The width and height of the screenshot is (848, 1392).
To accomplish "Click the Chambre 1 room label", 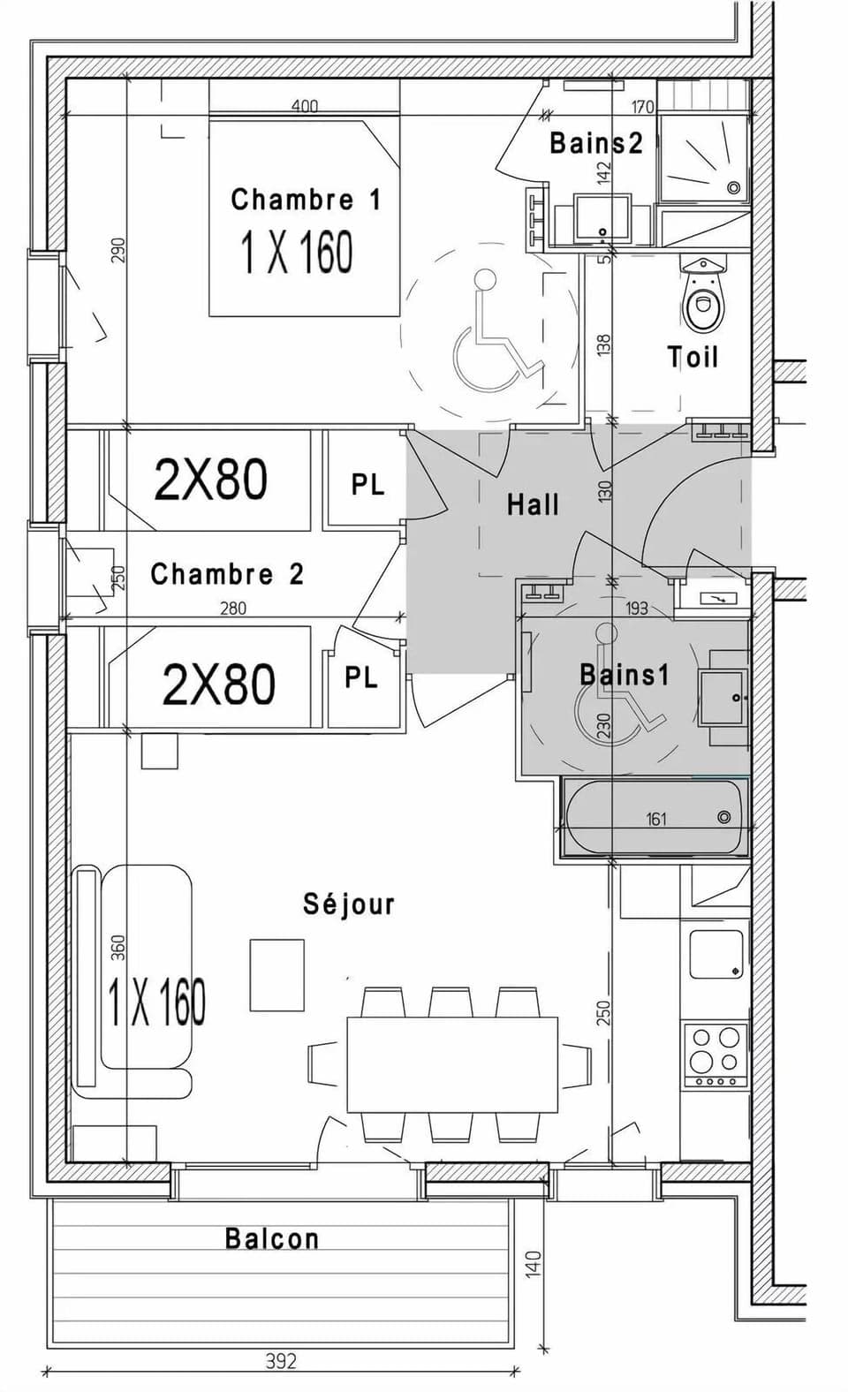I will [306, 200].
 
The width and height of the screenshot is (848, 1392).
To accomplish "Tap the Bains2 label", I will [595, 143].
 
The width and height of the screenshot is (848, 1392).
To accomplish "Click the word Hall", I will [533, 505].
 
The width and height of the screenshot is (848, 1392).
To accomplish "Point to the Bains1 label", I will [625, 676].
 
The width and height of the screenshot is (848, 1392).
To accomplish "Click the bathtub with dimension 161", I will [655, 817].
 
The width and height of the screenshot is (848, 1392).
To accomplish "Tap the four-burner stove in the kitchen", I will [715, 1053].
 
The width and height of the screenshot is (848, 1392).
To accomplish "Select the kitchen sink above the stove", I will [715, 954].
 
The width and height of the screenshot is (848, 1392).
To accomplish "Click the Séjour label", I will [348, 904].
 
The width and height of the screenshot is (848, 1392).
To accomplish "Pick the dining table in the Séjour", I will [452, 1064].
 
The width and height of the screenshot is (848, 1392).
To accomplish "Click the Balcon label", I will [271, 1238].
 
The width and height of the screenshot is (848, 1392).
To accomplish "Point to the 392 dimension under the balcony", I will [281, 1361].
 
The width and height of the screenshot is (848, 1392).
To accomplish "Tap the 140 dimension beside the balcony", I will [534, 1263].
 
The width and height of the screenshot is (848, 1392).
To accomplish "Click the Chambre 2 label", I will [227, 574].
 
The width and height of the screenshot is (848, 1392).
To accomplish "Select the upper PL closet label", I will [367, 484].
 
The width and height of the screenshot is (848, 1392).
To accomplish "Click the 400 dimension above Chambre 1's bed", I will [304, 107].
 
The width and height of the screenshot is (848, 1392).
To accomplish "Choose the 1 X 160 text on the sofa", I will [156, 1002].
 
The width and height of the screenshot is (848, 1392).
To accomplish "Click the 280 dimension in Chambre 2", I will [232, 608].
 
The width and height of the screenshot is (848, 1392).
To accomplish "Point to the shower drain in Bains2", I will [733, 187].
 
